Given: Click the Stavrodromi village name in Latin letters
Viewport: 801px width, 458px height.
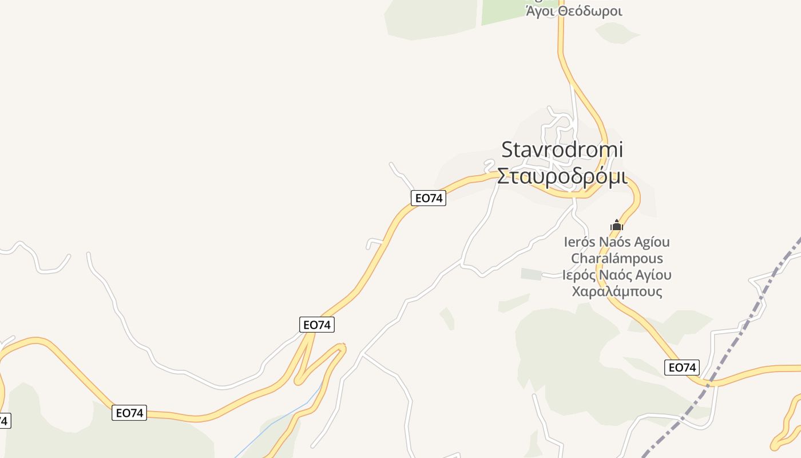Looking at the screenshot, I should point(562,150).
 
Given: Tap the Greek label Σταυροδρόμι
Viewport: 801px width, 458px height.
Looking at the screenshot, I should point(562,176).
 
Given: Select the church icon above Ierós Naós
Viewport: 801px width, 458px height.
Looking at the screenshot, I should point(616,225).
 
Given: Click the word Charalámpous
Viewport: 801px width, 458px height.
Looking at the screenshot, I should point(617,258).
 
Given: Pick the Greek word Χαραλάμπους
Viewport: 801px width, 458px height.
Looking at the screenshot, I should point(617,291).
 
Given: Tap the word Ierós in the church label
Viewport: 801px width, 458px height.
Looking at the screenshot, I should point(580,242).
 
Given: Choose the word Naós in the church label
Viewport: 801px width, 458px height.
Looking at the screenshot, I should point(614,242).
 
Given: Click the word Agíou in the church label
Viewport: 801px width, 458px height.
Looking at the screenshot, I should point(651,242).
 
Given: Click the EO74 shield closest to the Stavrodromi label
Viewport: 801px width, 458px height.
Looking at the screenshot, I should point(428,198).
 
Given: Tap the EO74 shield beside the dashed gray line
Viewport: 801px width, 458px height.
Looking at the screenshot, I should point(682,368).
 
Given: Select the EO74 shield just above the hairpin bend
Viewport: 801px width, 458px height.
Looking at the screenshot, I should point(317,325).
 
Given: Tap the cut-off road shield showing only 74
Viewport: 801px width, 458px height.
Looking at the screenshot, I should point(3,421).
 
